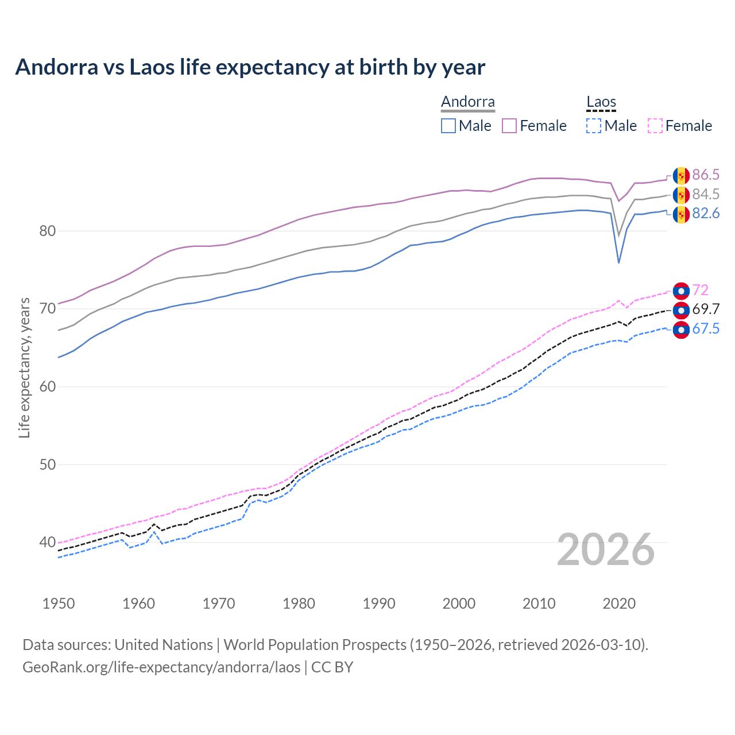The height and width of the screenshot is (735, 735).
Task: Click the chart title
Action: click(250, 67)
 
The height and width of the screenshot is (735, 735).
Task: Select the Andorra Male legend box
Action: click(448, 126)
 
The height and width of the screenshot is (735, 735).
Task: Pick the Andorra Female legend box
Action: click(509, 126)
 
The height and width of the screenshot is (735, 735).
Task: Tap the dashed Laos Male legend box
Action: click(594, 126)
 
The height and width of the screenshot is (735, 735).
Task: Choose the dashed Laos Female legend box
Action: click(655, 126)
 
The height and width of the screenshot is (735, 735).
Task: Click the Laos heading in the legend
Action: click(601, 102)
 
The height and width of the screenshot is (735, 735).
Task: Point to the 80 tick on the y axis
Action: click(48, 231)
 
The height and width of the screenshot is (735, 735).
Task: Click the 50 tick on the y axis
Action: click(48, 465)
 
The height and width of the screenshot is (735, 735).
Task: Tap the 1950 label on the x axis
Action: click(59, 604)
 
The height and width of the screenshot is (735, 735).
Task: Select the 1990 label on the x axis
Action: click(379, 604)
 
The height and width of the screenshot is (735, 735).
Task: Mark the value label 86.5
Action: click(706, 175)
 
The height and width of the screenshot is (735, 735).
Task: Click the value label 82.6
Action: click(706, 214)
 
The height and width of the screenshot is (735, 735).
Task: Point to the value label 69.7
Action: click(706, 310)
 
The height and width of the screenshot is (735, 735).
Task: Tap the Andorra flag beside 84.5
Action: click(681, 195)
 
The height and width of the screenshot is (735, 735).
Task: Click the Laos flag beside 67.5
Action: click(681, 330)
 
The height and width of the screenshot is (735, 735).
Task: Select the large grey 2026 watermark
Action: click(606, 550)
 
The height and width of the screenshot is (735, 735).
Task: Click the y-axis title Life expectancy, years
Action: click(24, 368)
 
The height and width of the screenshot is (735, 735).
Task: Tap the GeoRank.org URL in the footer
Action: click(161, 667)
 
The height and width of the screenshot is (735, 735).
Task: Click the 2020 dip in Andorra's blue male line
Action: click(618, 262)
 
